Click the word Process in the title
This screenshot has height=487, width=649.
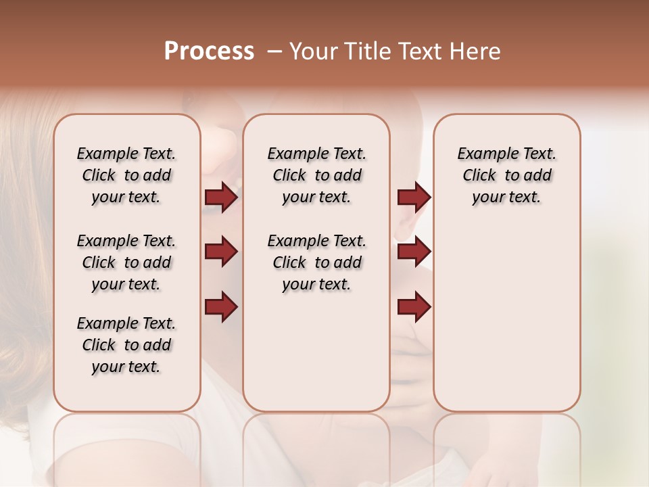click(x=209, y=51)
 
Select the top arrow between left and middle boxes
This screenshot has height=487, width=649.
click(x=221, y=198)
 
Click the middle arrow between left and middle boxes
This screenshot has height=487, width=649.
click(x=221, y=252)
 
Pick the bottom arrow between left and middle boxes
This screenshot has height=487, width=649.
click(x=221, y=307)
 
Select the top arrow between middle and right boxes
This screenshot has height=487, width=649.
click(x=414, y=198)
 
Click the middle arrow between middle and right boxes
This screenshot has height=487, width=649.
click(x=414, y=252)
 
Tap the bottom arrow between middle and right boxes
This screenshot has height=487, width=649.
click(x=414, y=307)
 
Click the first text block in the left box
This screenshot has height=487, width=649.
click(x=126, y=175)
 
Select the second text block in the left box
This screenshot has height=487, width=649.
click(x=126, y=262)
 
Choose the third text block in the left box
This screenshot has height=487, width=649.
click(x=126, y=345)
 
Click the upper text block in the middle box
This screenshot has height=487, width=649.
click(x=316, y=175)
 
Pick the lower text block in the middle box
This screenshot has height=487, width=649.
click(x=316, y=262)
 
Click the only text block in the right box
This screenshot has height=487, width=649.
click(x=506, y=175)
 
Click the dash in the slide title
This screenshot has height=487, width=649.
click(x=274, y=51)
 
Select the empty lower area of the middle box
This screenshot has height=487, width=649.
click(x=316, y=352)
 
